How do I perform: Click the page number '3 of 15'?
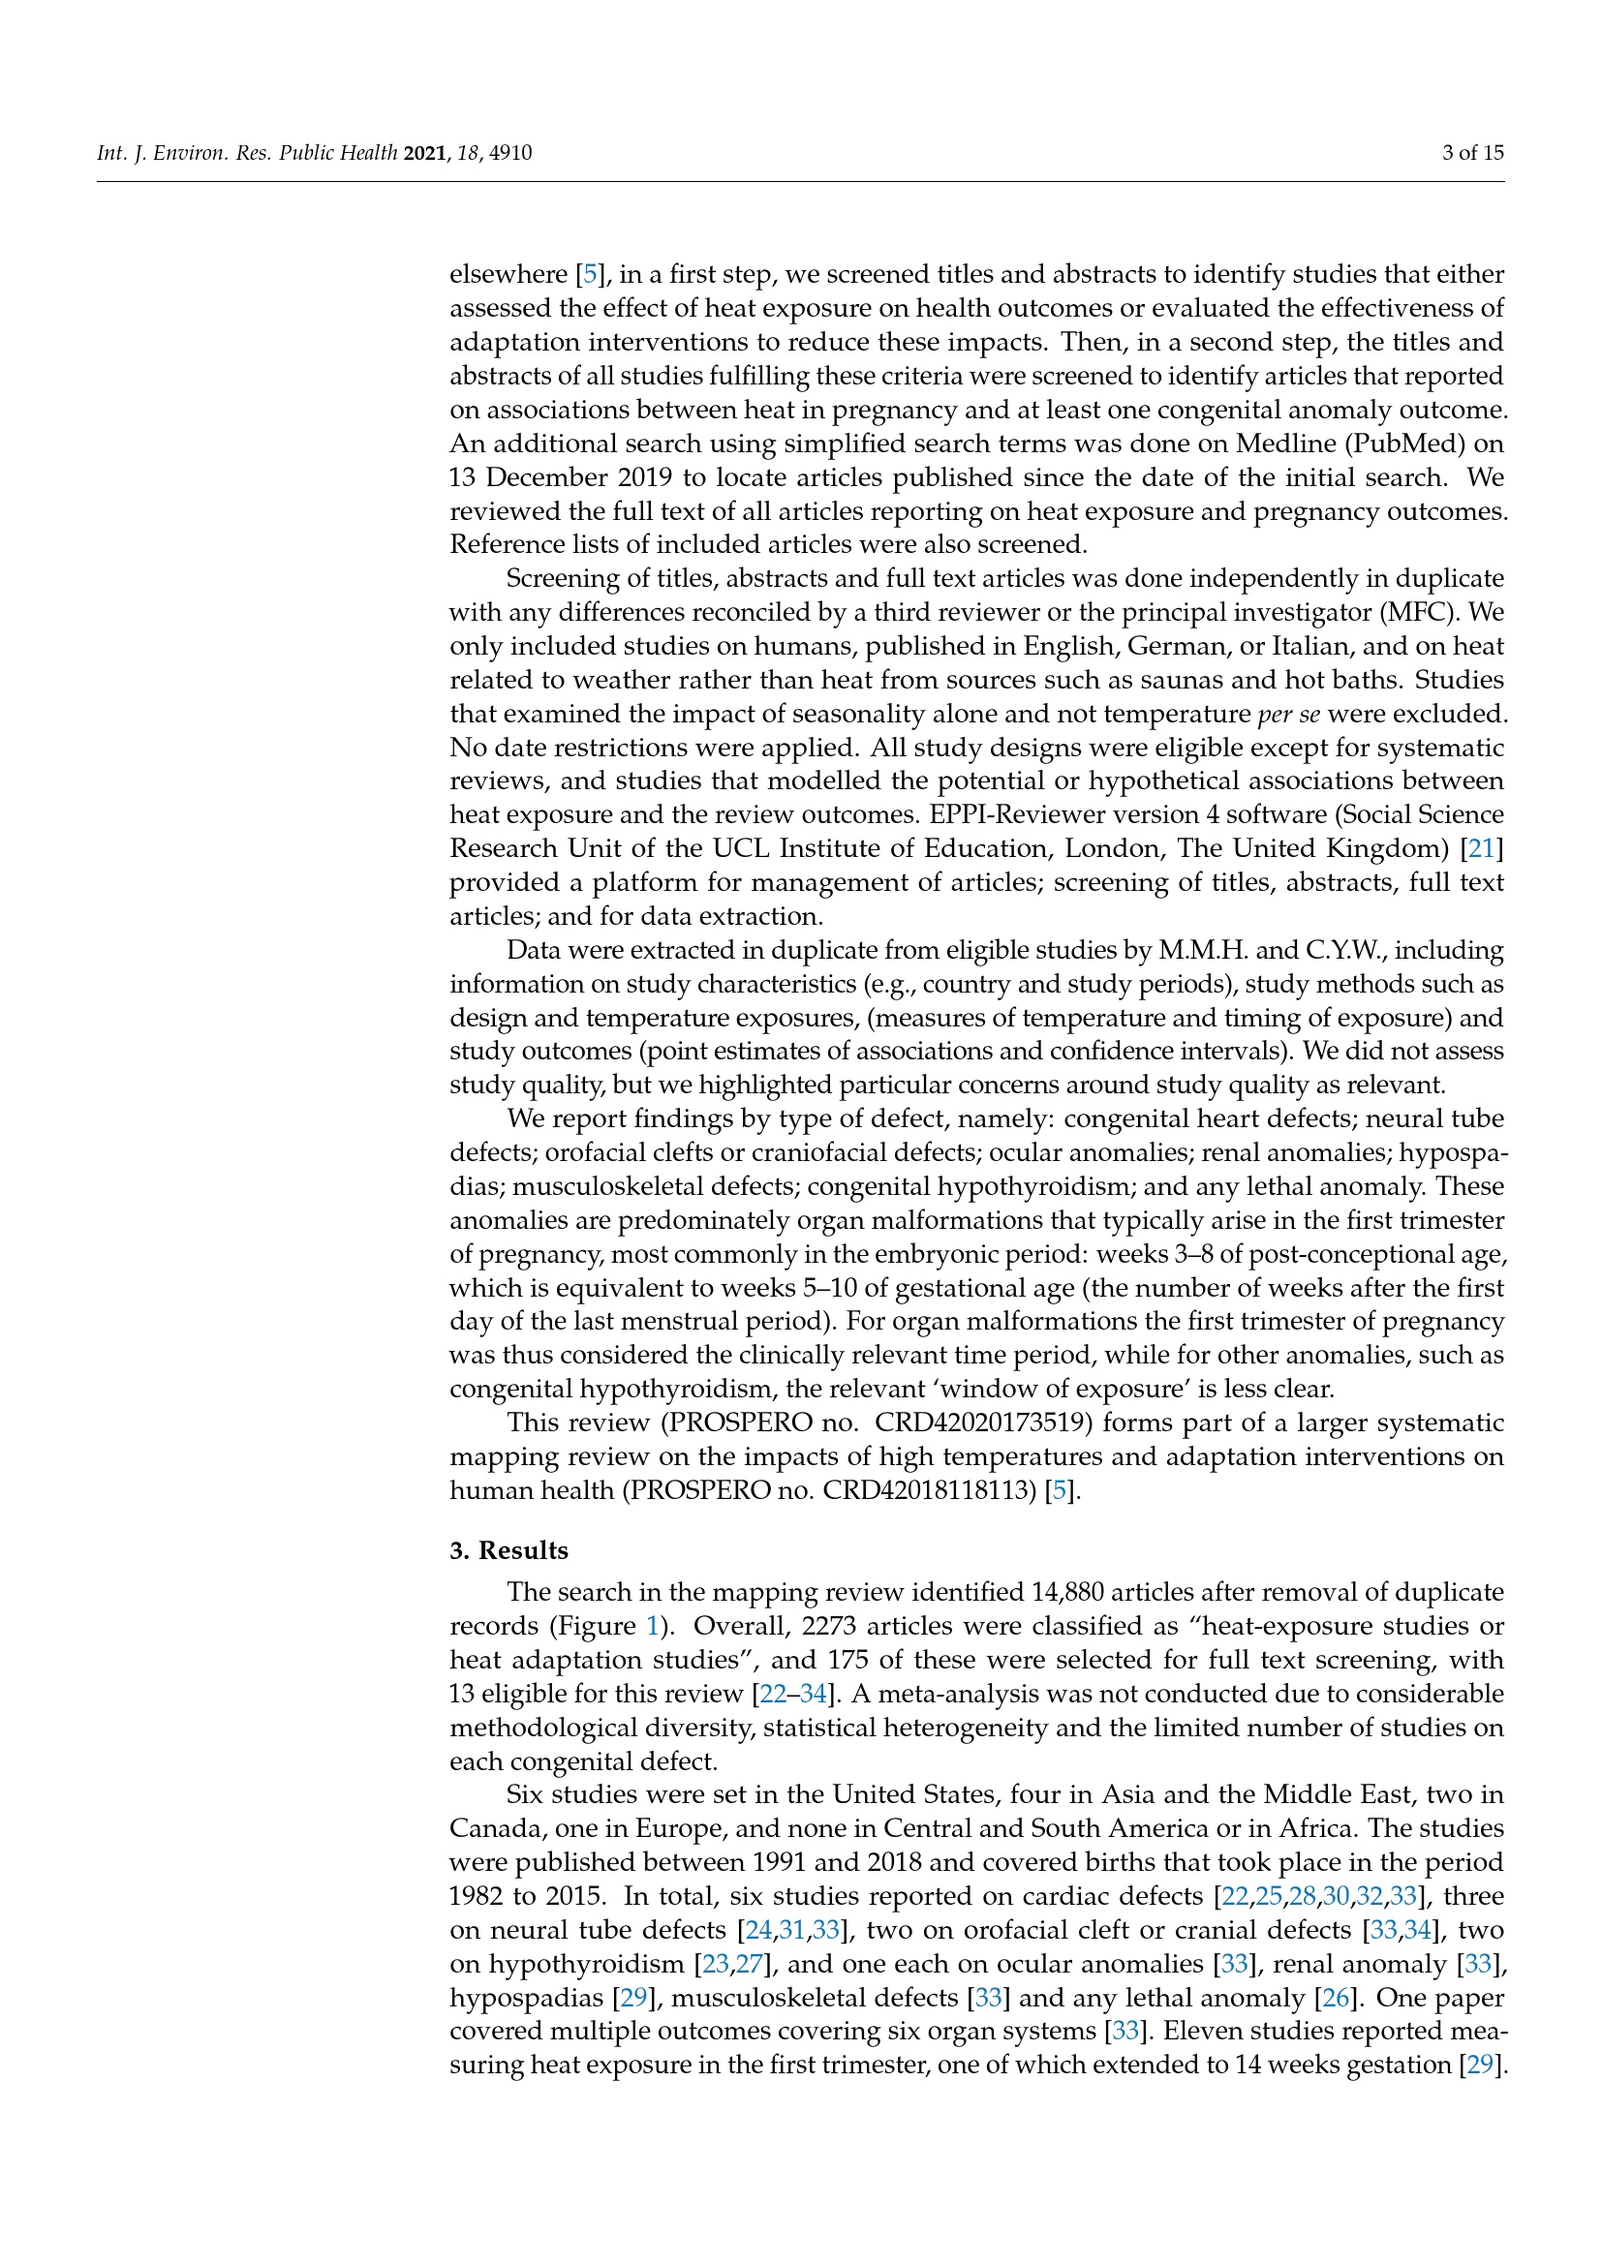click(1472, 153)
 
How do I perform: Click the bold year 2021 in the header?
click(426, 153)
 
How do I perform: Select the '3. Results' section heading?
click(509, 1550)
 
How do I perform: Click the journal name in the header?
click(247, 153)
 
